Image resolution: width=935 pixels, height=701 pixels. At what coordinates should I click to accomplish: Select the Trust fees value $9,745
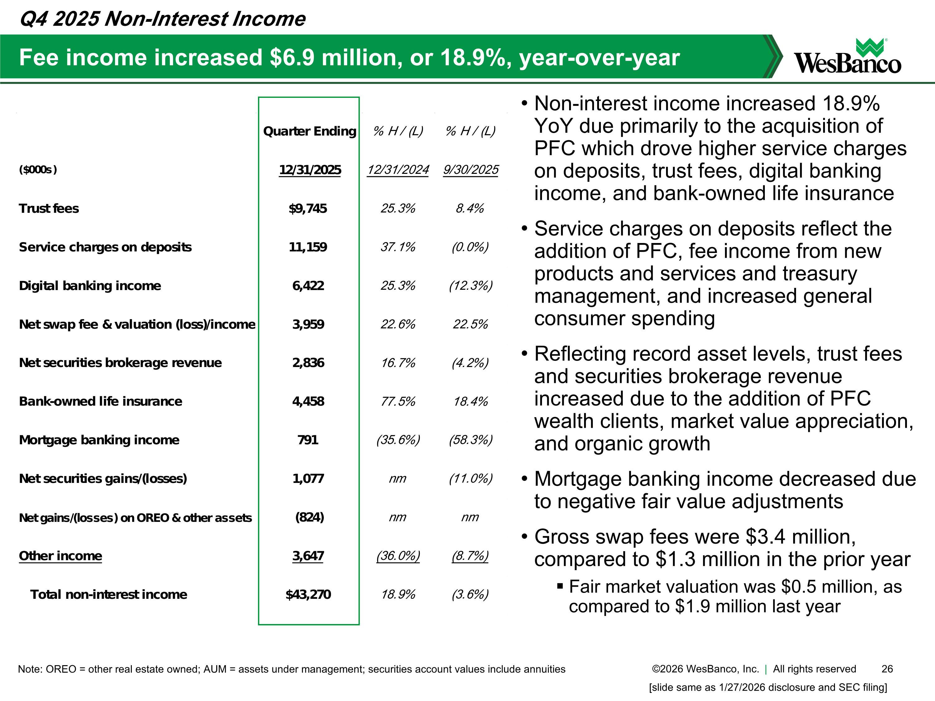[308, 208]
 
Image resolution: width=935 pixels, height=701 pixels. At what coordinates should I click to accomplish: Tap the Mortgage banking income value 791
[308, 440]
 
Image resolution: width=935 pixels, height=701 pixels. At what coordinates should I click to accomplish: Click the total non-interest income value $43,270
[308, 594]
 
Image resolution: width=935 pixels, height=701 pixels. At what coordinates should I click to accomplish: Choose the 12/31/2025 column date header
[310, 170]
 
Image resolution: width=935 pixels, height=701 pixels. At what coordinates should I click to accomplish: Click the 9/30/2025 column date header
[470, 170]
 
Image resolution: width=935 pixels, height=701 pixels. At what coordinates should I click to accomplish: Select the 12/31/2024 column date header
[398, 170]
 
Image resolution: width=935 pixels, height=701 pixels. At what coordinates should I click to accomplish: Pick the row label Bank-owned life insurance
[101, 401]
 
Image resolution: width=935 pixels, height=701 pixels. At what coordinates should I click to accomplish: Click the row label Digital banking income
[90, 286]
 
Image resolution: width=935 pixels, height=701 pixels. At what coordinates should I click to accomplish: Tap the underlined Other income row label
[60, 556]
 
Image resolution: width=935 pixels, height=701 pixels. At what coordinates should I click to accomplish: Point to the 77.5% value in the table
[398, 401]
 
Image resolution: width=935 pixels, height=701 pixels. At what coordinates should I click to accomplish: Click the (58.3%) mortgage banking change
[470, 440]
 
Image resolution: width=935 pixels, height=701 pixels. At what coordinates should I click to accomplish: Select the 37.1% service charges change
[398, 247]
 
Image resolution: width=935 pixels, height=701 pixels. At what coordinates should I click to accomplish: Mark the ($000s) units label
[38, 170]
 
